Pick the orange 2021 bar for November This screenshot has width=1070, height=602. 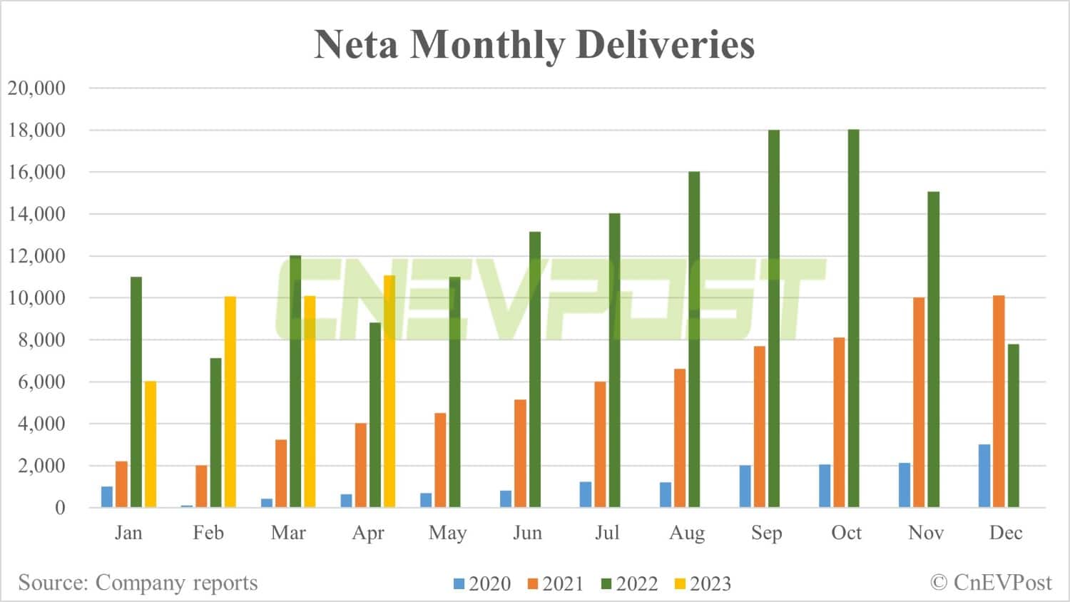click(919, 402)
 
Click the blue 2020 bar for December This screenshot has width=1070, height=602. click(984, 476)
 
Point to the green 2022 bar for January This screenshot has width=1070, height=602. click(136, 392)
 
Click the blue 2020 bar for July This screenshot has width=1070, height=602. click(586, 494)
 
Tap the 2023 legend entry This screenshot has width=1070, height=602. click(703, 583)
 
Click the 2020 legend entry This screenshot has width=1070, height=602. click(482, 583)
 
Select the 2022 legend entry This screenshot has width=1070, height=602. click(629, 583)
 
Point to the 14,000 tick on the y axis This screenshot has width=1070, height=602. click(36, 214)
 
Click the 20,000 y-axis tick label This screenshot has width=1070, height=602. click(36, 88)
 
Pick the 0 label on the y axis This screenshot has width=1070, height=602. click(60, 508)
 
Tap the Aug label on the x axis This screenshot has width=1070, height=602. click(686, 533)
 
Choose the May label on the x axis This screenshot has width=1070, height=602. click(447, 533)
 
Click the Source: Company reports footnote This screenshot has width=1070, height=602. click(138, 583)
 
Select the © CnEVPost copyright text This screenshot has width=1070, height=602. click(991, 583)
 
